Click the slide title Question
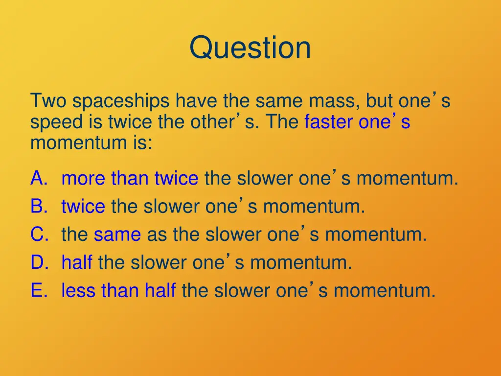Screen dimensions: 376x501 250,48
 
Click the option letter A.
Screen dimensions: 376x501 39,179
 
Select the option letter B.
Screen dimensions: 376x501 39,207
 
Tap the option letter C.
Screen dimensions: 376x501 39,235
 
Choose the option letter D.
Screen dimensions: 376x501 39,263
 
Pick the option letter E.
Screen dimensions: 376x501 39,291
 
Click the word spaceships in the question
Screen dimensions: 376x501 122,102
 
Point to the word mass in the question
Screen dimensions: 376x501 334,101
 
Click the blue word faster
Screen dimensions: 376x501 328,122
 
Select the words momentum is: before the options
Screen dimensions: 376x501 91,143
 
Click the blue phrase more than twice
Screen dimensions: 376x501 130,179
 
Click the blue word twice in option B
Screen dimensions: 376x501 83,207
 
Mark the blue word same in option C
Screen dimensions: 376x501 117,235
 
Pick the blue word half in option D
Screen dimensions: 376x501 77,263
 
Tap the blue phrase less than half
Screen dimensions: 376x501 118,291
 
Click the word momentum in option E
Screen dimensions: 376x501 384,291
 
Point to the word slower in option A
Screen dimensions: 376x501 264,179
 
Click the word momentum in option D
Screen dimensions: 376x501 301,263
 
